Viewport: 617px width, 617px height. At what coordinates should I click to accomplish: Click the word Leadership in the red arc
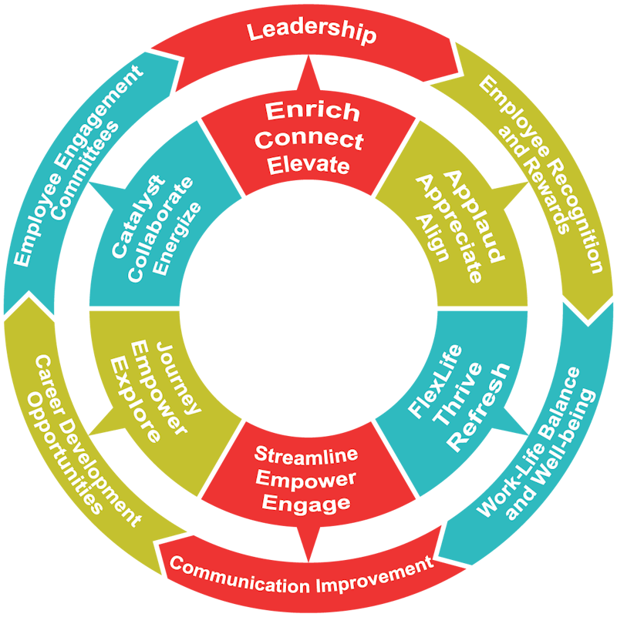312,32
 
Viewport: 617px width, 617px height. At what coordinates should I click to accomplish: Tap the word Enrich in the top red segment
312,112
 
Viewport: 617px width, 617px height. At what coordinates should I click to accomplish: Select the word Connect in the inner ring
309,139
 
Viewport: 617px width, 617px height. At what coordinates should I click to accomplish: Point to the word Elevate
308,165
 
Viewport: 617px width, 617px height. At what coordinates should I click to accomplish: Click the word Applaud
474,216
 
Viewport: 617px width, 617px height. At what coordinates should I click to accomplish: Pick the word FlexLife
434,380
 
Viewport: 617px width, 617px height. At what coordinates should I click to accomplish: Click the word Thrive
457,393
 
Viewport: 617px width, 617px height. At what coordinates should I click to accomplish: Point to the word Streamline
306,454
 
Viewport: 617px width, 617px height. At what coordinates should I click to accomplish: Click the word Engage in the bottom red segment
306,504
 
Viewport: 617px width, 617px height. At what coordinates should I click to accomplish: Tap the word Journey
177,377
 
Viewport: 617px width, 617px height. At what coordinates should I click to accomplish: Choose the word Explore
135,400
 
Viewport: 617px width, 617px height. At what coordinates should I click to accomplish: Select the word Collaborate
160,230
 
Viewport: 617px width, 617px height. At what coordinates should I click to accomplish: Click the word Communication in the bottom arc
240,575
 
